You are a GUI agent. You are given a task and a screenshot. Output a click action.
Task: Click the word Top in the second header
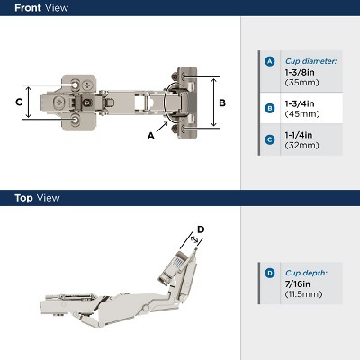point(22,198)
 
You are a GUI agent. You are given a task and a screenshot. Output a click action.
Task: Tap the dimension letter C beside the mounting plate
point(18,102)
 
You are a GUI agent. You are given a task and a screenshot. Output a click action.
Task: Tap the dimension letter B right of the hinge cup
point(222,102)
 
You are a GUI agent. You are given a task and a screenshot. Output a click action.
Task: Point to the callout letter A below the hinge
point(150,135)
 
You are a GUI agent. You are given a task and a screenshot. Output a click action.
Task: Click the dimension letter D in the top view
point(201,229)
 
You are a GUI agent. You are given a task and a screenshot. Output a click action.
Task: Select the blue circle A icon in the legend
point(269,62)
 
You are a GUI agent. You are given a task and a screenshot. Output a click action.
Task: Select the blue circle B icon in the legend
point(269,108)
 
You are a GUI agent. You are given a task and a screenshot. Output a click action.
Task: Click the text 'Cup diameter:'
point(310,61)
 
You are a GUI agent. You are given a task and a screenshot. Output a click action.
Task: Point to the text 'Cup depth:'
point(307,273)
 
